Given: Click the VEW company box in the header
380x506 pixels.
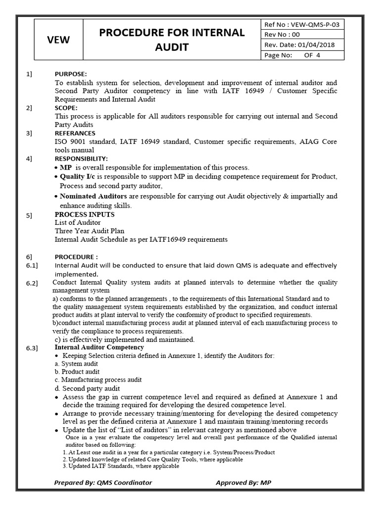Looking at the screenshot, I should tap(59, 40).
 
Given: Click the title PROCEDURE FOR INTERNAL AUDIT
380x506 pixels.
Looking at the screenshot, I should tap(172, 40).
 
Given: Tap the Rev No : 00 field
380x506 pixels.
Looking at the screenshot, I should tap(283, 35).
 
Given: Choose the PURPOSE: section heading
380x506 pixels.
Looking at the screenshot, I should tap(70, 74).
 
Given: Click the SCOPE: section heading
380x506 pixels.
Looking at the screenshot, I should tap(66, 108).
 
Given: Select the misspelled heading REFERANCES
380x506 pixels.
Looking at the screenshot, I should tap(75, 133).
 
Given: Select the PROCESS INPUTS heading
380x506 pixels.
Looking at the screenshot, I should tap(84, 214).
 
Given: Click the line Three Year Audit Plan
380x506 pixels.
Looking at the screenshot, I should tap(89, 231).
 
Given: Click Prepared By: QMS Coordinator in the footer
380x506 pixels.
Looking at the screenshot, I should tap(103, 483).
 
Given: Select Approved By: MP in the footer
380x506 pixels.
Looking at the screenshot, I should tap(243, 483).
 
